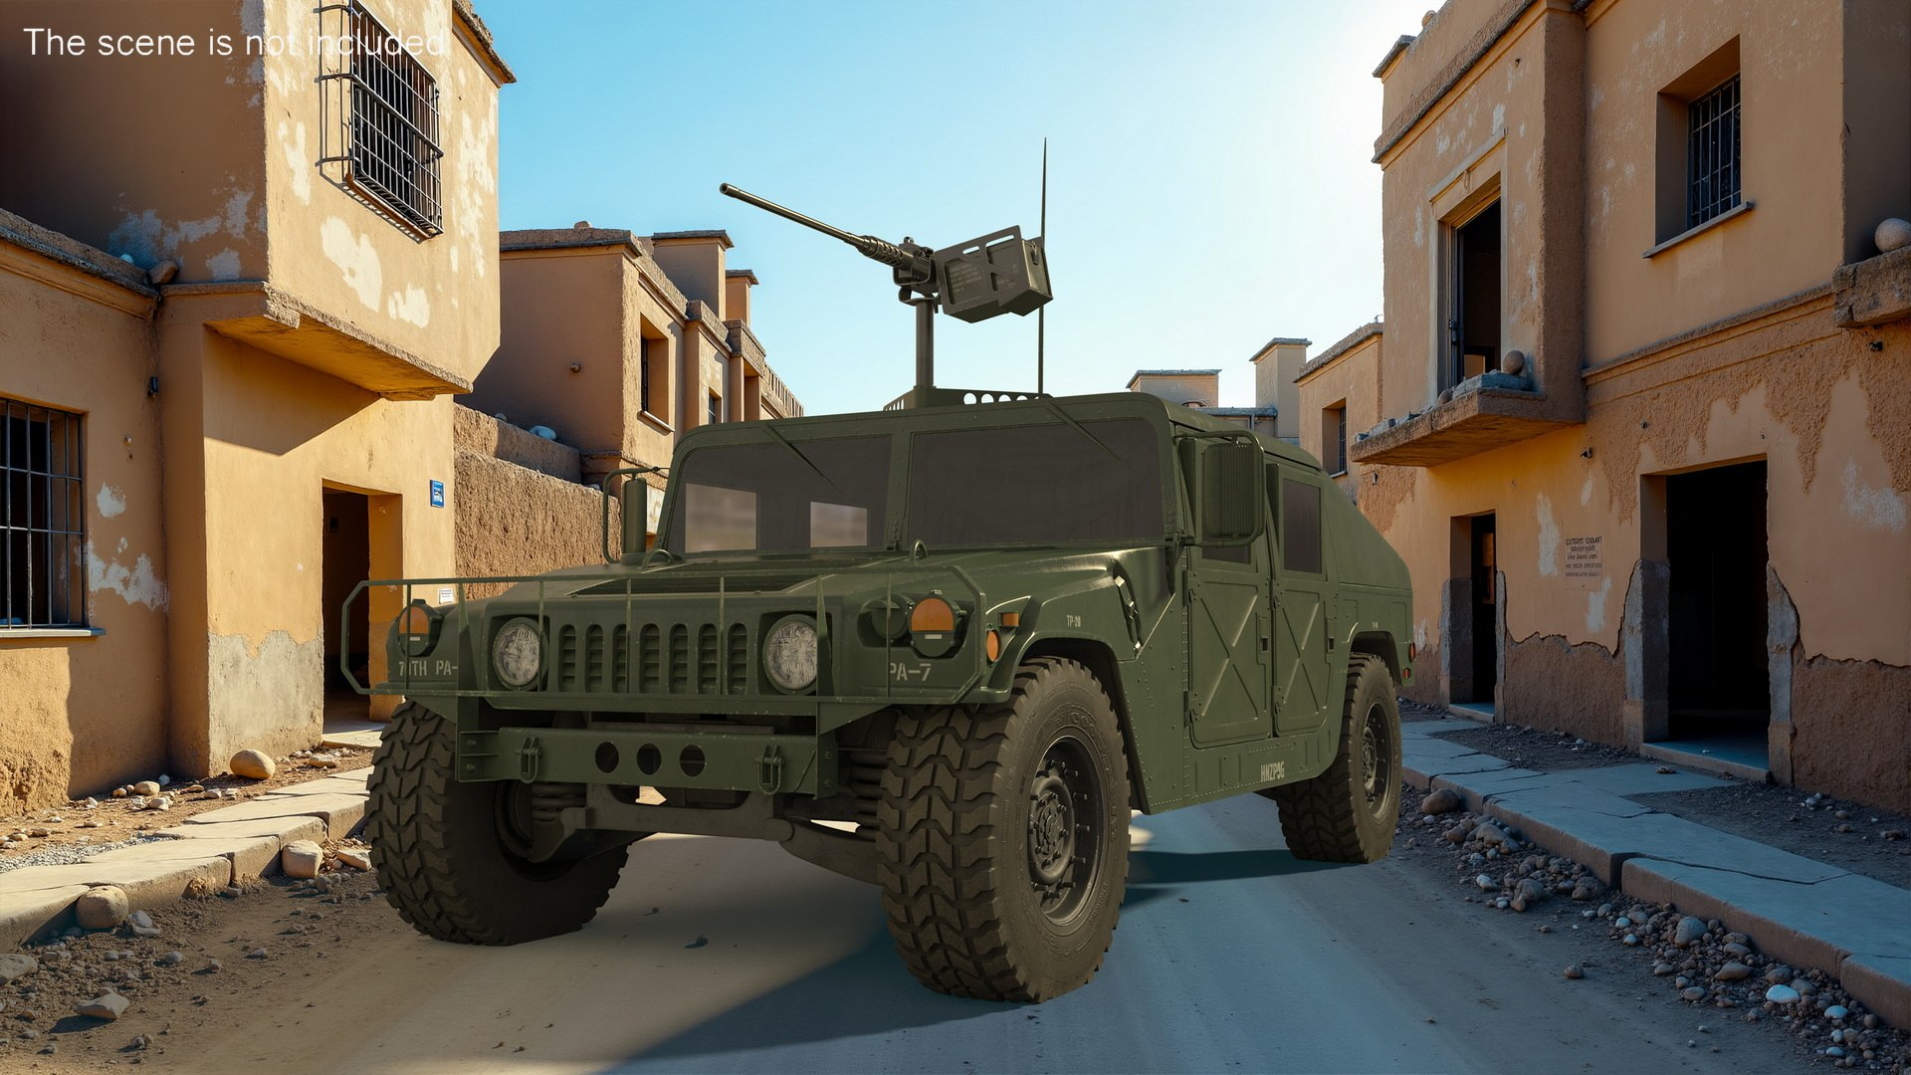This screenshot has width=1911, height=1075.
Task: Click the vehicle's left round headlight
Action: coord(518,652)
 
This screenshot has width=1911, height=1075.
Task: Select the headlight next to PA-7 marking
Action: coord(790,653)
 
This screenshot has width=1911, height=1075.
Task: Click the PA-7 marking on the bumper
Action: coord(910,672)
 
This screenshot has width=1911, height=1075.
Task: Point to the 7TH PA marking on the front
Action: coord(426,668)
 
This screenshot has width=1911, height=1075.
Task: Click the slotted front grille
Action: coord(652,656)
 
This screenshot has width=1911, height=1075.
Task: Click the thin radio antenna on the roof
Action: coord(1042,269)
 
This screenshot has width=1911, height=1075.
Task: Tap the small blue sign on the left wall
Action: coord(436,493)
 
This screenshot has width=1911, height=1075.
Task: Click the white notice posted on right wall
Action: coord(1582,555)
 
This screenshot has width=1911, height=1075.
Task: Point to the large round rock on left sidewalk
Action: coord(252,763)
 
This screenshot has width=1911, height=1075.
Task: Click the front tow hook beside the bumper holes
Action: coord(767,766)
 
